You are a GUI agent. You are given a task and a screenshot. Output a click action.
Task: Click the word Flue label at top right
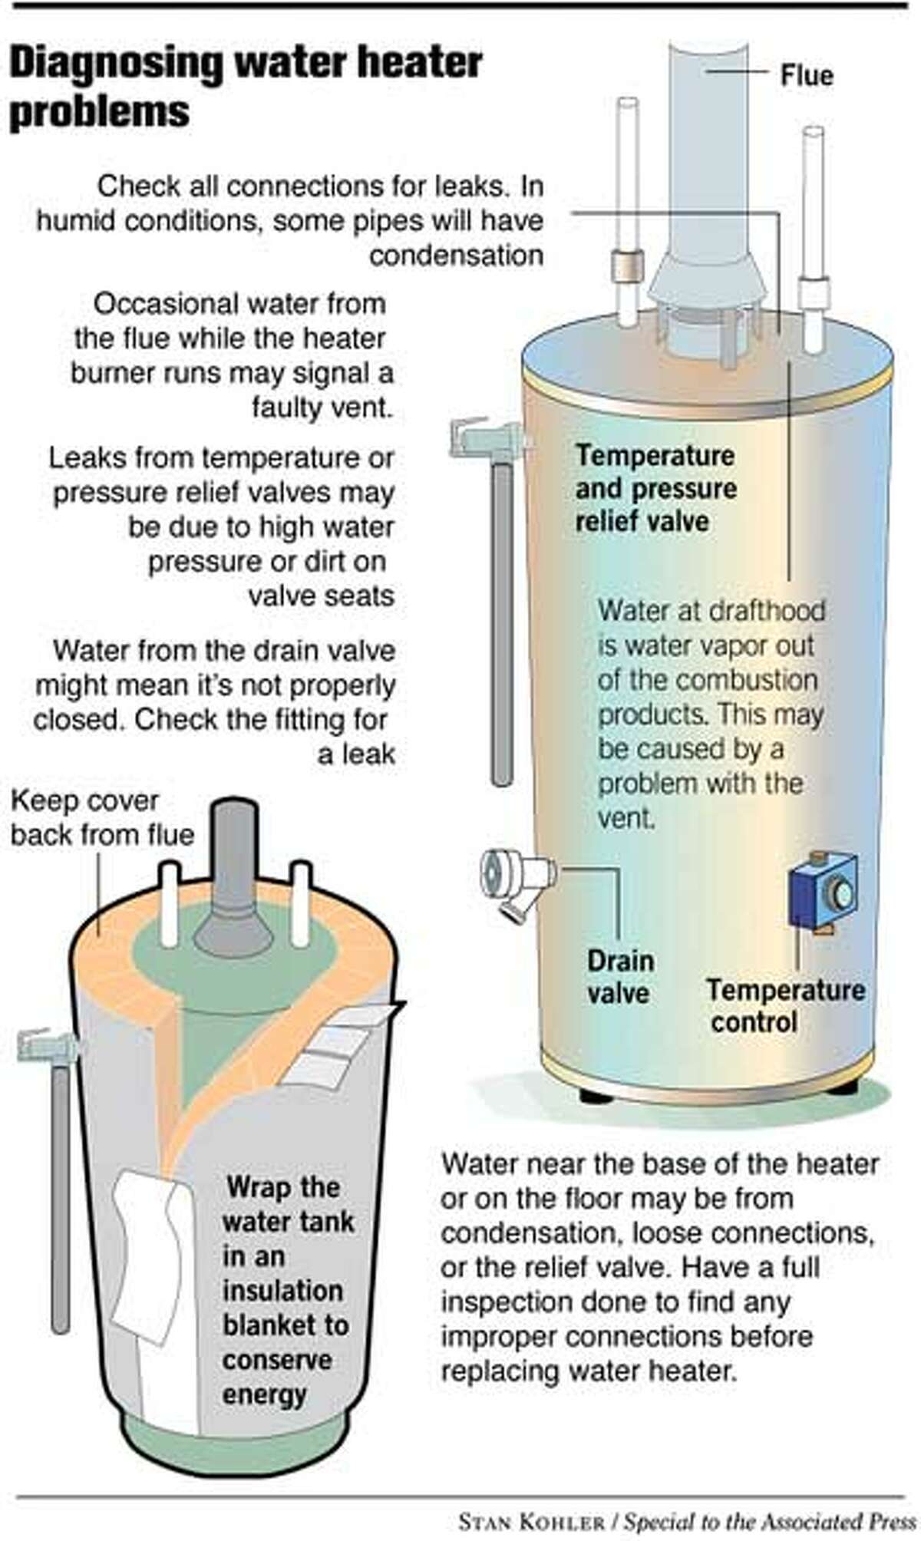[x=806, y=75]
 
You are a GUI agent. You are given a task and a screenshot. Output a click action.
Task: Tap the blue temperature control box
[x=824, y=891]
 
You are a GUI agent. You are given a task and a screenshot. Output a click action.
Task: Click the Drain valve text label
[x=620, y=976]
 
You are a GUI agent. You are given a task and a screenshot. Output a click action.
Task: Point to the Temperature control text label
[x=784, y=1005]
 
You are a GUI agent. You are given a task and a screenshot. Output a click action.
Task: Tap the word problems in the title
[x=99, y=112]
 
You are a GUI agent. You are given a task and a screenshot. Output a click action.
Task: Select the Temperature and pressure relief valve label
[x=655, y=488]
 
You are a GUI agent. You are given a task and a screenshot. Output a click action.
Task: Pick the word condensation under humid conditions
[x=456, y=256]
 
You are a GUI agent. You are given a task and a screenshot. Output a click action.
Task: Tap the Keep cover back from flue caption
[x=101, y=817]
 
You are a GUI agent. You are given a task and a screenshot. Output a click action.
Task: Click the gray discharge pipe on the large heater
[x=501, y=622]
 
